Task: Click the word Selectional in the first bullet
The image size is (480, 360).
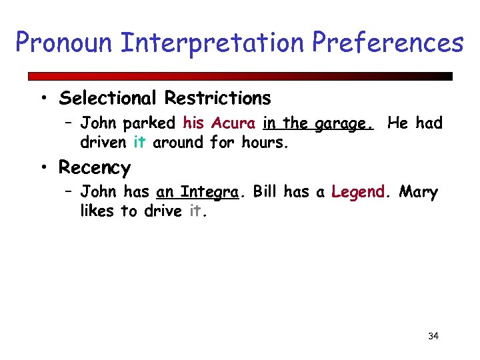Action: click(x=109, y=99)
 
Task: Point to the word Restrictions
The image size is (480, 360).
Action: click(x=218, y=99)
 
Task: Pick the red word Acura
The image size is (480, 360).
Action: click(x=233, y=123)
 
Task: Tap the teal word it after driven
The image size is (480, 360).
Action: click(x=139, y=142)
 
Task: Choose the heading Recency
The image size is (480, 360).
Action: click(x=94, y=167)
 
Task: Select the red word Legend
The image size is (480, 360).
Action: click(x=358, y=193)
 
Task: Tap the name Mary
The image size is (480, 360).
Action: click(x=419, y=193)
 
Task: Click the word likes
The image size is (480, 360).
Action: click(x=98, y=211)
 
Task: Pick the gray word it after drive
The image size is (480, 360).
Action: click(x=195, y=211)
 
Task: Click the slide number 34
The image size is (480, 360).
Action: click(x=433, y=336)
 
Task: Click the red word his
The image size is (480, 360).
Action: click(x=193, y=123)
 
